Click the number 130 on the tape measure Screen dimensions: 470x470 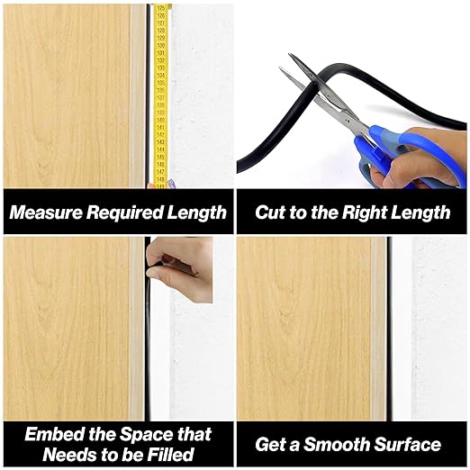(161, 45)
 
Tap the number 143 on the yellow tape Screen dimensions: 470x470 (160, 141)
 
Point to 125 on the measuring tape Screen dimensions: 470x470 (161, 8)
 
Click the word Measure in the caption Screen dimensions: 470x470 (46, 212)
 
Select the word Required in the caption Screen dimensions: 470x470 (124, 213)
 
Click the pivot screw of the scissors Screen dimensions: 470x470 (348, 122)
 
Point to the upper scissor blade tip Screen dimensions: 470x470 (290, 54)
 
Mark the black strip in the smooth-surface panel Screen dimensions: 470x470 (389, 329)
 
